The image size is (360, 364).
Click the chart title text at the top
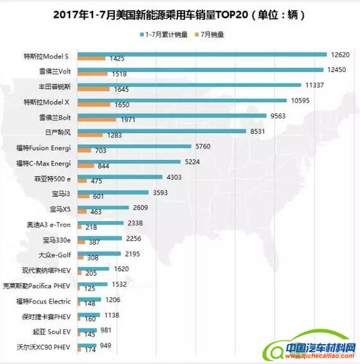pos(179,14)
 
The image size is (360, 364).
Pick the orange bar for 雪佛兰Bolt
pos(96,120)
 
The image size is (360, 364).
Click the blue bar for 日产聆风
pos(161,131)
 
